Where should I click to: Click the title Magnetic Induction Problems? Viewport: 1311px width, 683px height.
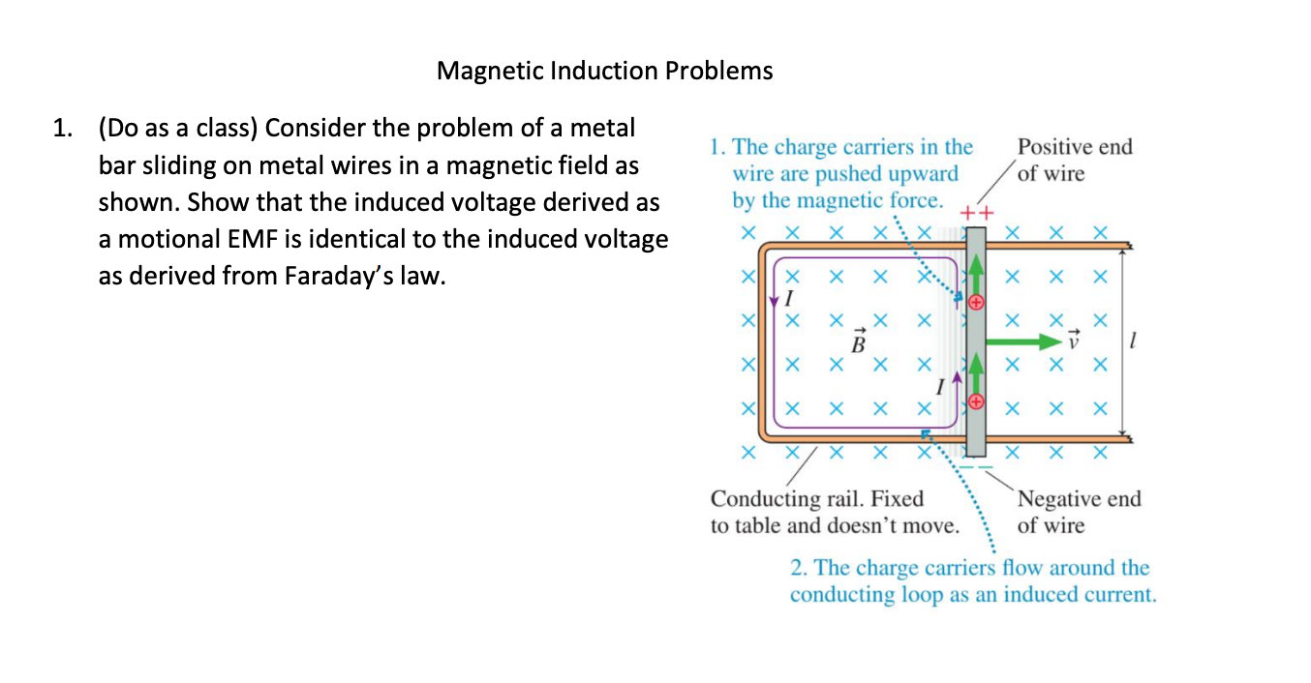click(x=604, y=71)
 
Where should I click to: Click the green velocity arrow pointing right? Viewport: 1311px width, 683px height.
click(x=1021, y=341)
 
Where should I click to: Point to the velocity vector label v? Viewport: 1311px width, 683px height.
click(x=1071, y=341)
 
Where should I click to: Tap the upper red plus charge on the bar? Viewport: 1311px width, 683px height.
click(x=976, y=303)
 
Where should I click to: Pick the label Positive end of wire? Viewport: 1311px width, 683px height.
click(x=1074, y=161)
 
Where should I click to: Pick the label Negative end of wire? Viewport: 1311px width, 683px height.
click(x=1079, y=513)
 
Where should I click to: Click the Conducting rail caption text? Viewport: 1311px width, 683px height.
click(x=835, y=513)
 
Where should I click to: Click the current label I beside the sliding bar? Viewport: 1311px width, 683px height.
click(x=939, y=387)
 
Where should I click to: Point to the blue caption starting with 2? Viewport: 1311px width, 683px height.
click(x=972, y=580)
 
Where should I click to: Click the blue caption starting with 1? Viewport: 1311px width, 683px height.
click(x=839, y=174)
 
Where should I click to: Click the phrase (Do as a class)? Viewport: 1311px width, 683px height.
click(x=177, y=129)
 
